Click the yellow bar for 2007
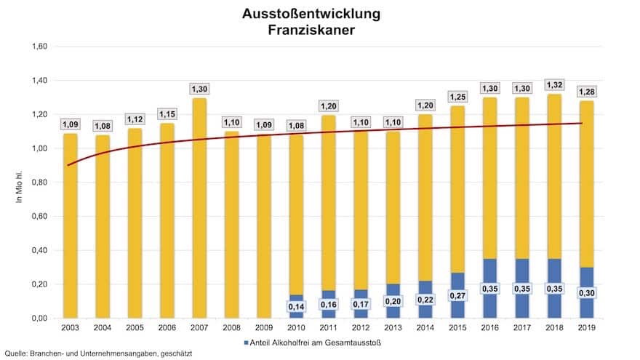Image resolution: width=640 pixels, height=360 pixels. coord(199,207)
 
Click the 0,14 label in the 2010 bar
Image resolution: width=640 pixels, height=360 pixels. coord(295,308)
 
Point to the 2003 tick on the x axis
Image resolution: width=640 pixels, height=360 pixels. coord(71,329)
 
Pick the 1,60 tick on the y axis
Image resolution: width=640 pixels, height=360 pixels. coord(38,47)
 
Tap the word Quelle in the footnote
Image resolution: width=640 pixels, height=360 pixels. coord(14,353)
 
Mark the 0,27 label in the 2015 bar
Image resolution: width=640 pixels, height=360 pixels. coord(457,297)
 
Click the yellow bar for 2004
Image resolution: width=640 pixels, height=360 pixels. coord(103,225)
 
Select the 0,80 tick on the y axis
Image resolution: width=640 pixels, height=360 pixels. coord(38,183)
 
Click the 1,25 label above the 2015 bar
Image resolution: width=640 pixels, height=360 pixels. coord(457,96)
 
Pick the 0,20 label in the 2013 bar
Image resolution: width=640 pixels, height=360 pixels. coord(392,301)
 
